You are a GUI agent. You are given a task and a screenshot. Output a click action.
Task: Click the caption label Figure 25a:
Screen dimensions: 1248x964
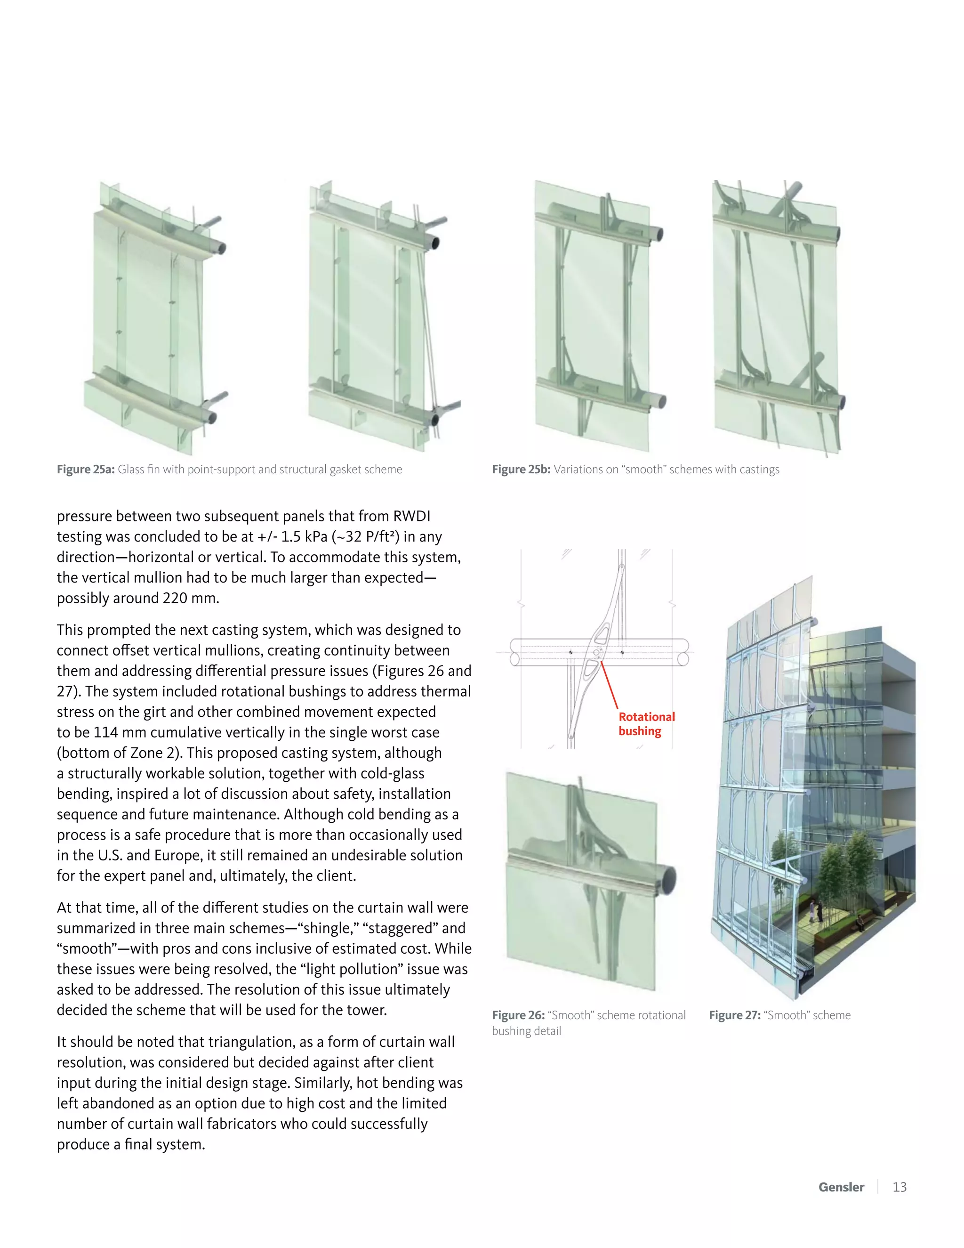click(86, 469)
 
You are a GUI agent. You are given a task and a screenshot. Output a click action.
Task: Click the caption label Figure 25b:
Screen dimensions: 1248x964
click(521, 469)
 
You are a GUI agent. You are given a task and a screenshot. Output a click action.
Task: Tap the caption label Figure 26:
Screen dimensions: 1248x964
click(518, 1015)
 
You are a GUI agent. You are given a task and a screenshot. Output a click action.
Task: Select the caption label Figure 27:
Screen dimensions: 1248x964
click(734, 1015)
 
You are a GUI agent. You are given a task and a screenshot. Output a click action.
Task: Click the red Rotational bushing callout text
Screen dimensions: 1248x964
click(646, 724)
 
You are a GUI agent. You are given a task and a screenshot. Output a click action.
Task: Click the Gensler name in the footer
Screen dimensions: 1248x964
click(841, 1187)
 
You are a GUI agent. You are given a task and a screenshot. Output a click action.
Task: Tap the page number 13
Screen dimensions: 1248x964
click(900, 1187)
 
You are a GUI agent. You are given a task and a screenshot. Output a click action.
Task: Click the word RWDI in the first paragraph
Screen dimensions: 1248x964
click(411, 516)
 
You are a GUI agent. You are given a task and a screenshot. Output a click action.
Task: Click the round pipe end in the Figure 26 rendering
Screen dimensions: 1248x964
click(668, 878)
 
